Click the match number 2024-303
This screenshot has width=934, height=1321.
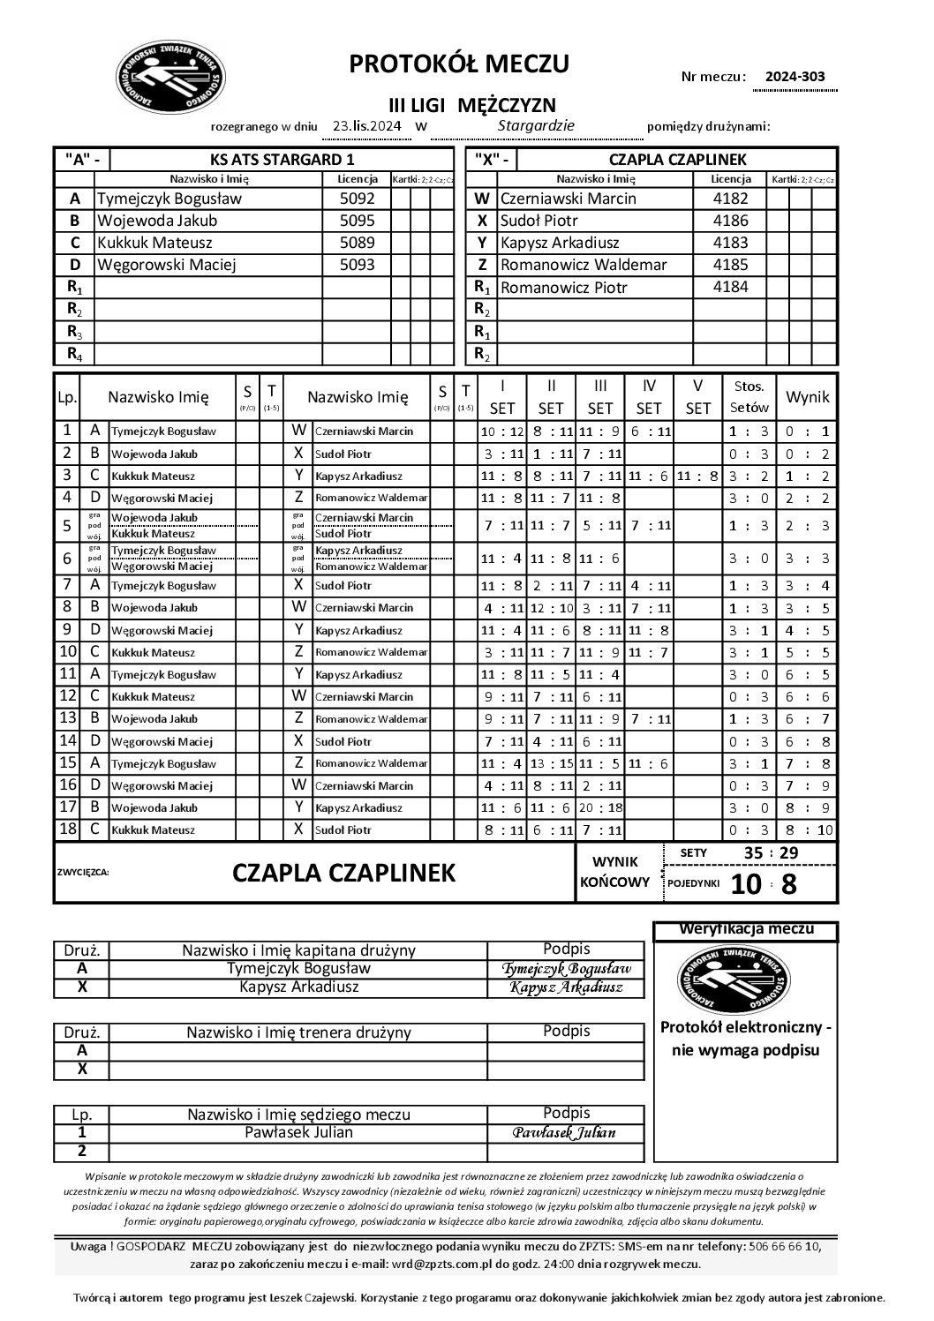(x=795, y=77)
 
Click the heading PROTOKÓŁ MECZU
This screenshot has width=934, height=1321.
(x=459, y=64)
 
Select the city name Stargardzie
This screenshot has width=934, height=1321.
(x=536, y=125)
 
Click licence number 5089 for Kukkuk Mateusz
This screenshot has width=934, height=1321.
(x=357, y=243)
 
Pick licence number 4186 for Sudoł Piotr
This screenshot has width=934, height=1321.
(x=729, y=221)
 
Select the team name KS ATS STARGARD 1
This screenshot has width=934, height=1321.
(x=282, y=160)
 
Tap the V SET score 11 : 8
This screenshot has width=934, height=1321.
(x=697, y=476)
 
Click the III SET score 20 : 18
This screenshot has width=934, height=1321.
(x=599, y=807)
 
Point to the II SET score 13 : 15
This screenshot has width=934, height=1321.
(x=550, y=763)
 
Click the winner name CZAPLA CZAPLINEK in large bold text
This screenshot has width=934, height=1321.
(x=344, y=873)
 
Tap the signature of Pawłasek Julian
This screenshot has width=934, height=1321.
(x=566, y=1133)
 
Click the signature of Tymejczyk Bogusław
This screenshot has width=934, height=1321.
(x=566, y=969)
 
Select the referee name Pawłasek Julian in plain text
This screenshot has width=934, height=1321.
(x=298, y=1133)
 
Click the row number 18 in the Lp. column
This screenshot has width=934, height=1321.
(x=67, y=829)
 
